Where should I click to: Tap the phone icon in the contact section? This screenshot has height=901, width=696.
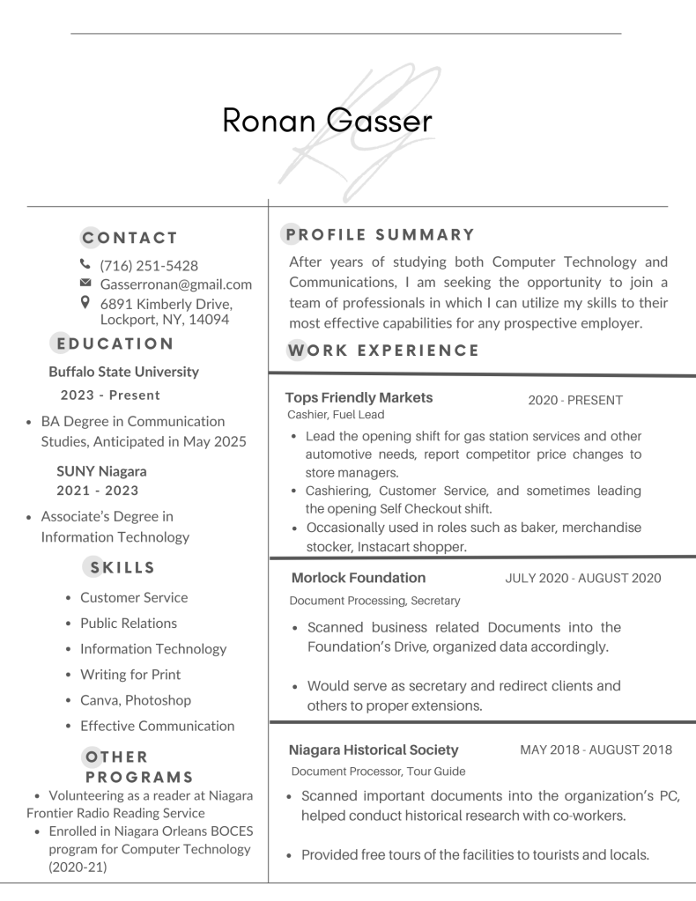(85, 265)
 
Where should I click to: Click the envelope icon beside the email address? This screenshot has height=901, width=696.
(85, 284)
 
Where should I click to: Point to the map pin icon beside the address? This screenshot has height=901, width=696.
(85, 302)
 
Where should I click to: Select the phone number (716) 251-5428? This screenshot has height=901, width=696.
(149, 265)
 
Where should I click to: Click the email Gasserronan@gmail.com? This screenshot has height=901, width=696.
(176, 284)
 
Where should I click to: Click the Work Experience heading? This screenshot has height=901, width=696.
(383, 350)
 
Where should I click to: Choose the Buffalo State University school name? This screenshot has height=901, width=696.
(123, 372)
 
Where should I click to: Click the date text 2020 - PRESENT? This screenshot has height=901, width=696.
(575, 401)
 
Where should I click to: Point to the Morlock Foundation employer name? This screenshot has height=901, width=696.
(358, 578)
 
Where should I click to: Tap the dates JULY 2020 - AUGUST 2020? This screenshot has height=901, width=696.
(583, 579)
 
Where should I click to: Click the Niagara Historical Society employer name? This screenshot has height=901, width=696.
(374, 750)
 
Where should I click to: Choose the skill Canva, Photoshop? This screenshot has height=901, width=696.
(135, 700)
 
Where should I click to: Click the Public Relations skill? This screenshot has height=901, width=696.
(129, 623)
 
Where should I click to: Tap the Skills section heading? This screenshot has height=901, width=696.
(130, 567)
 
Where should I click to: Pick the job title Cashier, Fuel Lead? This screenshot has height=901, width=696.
(335, 415)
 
